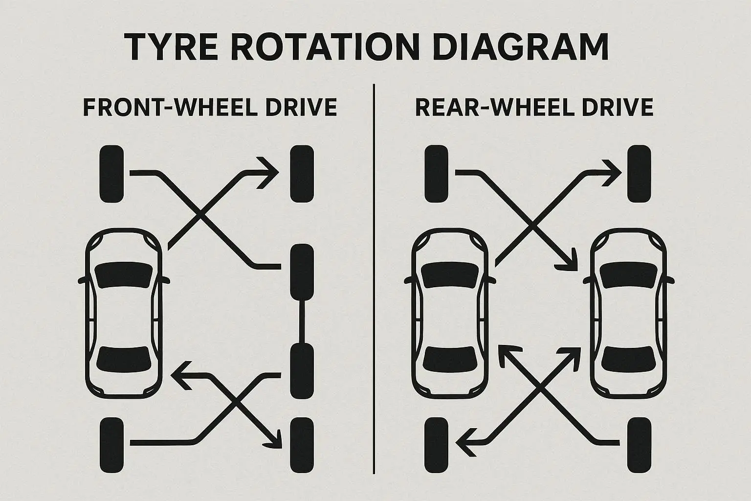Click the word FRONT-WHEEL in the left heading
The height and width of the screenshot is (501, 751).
[169, 107]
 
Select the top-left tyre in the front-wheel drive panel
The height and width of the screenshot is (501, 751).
[111, 174]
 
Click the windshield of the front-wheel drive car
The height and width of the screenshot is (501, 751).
[123, 275]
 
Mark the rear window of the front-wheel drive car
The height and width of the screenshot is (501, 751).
[123, 360]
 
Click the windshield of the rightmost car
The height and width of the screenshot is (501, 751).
[628, 275]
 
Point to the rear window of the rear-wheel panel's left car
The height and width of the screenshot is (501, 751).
[449, 360]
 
